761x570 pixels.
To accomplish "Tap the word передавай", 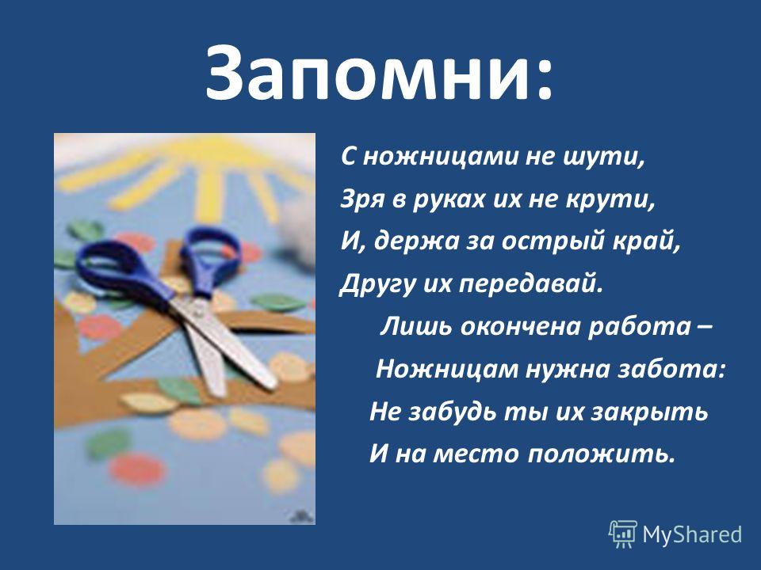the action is [531, 283].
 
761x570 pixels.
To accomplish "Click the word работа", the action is [639, 327].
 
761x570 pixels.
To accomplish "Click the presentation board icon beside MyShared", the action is [623, 534].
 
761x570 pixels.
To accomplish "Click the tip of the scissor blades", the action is [271, 386].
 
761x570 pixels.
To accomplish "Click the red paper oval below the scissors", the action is [138, 469].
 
